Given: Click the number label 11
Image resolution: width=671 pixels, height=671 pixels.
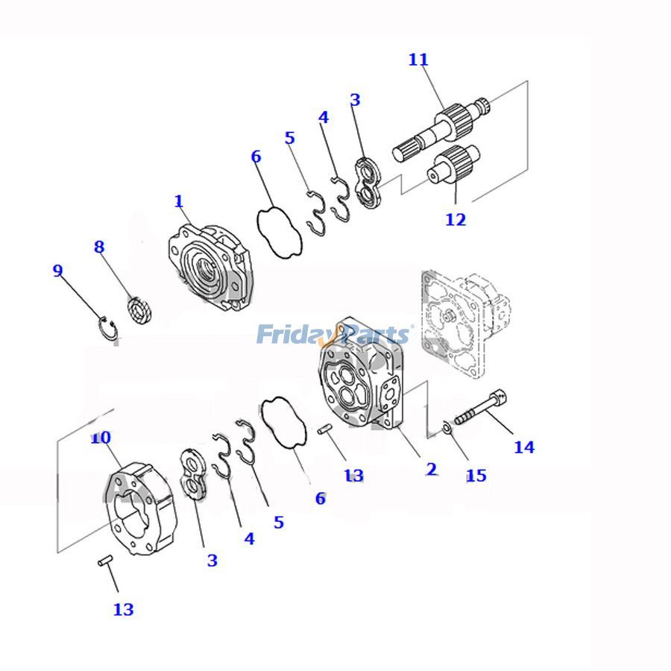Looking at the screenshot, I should [418, 60].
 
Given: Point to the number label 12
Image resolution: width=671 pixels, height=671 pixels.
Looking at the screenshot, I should [456, 219].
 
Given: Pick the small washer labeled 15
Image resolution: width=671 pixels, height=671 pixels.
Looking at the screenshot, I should [445, 426].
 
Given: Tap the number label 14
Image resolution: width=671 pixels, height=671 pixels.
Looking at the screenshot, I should [524, 447].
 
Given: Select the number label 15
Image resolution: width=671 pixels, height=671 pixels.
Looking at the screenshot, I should [476, 475].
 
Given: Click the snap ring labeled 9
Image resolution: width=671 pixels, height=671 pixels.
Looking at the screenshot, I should [109, 329].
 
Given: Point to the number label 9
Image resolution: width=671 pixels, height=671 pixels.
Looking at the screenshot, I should [57, 271].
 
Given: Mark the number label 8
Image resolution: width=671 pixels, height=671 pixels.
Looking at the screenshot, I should [99, 247].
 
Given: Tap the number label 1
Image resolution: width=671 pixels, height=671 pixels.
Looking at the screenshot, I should [178, 201].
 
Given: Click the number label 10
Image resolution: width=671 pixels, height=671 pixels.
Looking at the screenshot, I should [101, 438].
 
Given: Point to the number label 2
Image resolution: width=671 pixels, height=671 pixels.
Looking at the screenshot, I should [431, 469].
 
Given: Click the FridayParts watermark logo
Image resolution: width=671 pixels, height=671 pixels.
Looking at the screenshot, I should [334, 334].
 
